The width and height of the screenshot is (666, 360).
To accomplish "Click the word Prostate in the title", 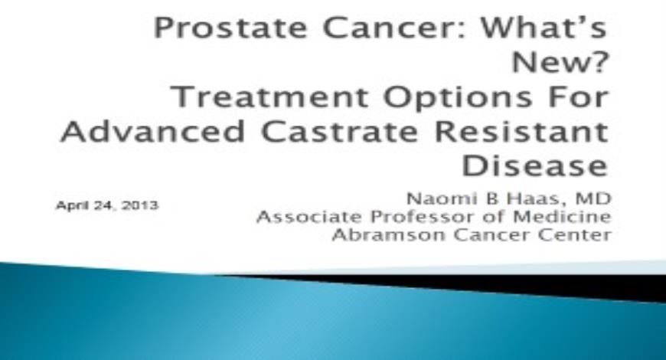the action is point(230,28).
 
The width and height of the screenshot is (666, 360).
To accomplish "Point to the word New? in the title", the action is point(560,63).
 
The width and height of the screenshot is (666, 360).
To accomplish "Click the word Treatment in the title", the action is point(270,97).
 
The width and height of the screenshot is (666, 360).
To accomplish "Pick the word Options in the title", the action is point(458,98).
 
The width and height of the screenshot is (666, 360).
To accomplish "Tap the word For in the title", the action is point(579,97).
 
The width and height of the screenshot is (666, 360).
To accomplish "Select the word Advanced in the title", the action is point(153,131).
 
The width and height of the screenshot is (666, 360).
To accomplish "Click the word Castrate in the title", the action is point(340,132).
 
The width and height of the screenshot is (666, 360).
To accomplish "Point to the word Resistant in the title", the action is point(521,131).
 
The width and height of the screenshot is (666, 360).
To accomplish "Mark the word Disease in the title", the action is point(535,165).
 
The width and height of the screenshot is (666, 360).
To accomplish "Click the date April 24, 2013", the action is point(107,206).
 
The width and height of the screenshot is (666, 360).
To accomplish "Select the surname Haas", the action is point(534,199).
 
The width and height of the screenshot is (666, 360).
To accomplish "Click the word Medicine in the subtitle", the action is point(563,217).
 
